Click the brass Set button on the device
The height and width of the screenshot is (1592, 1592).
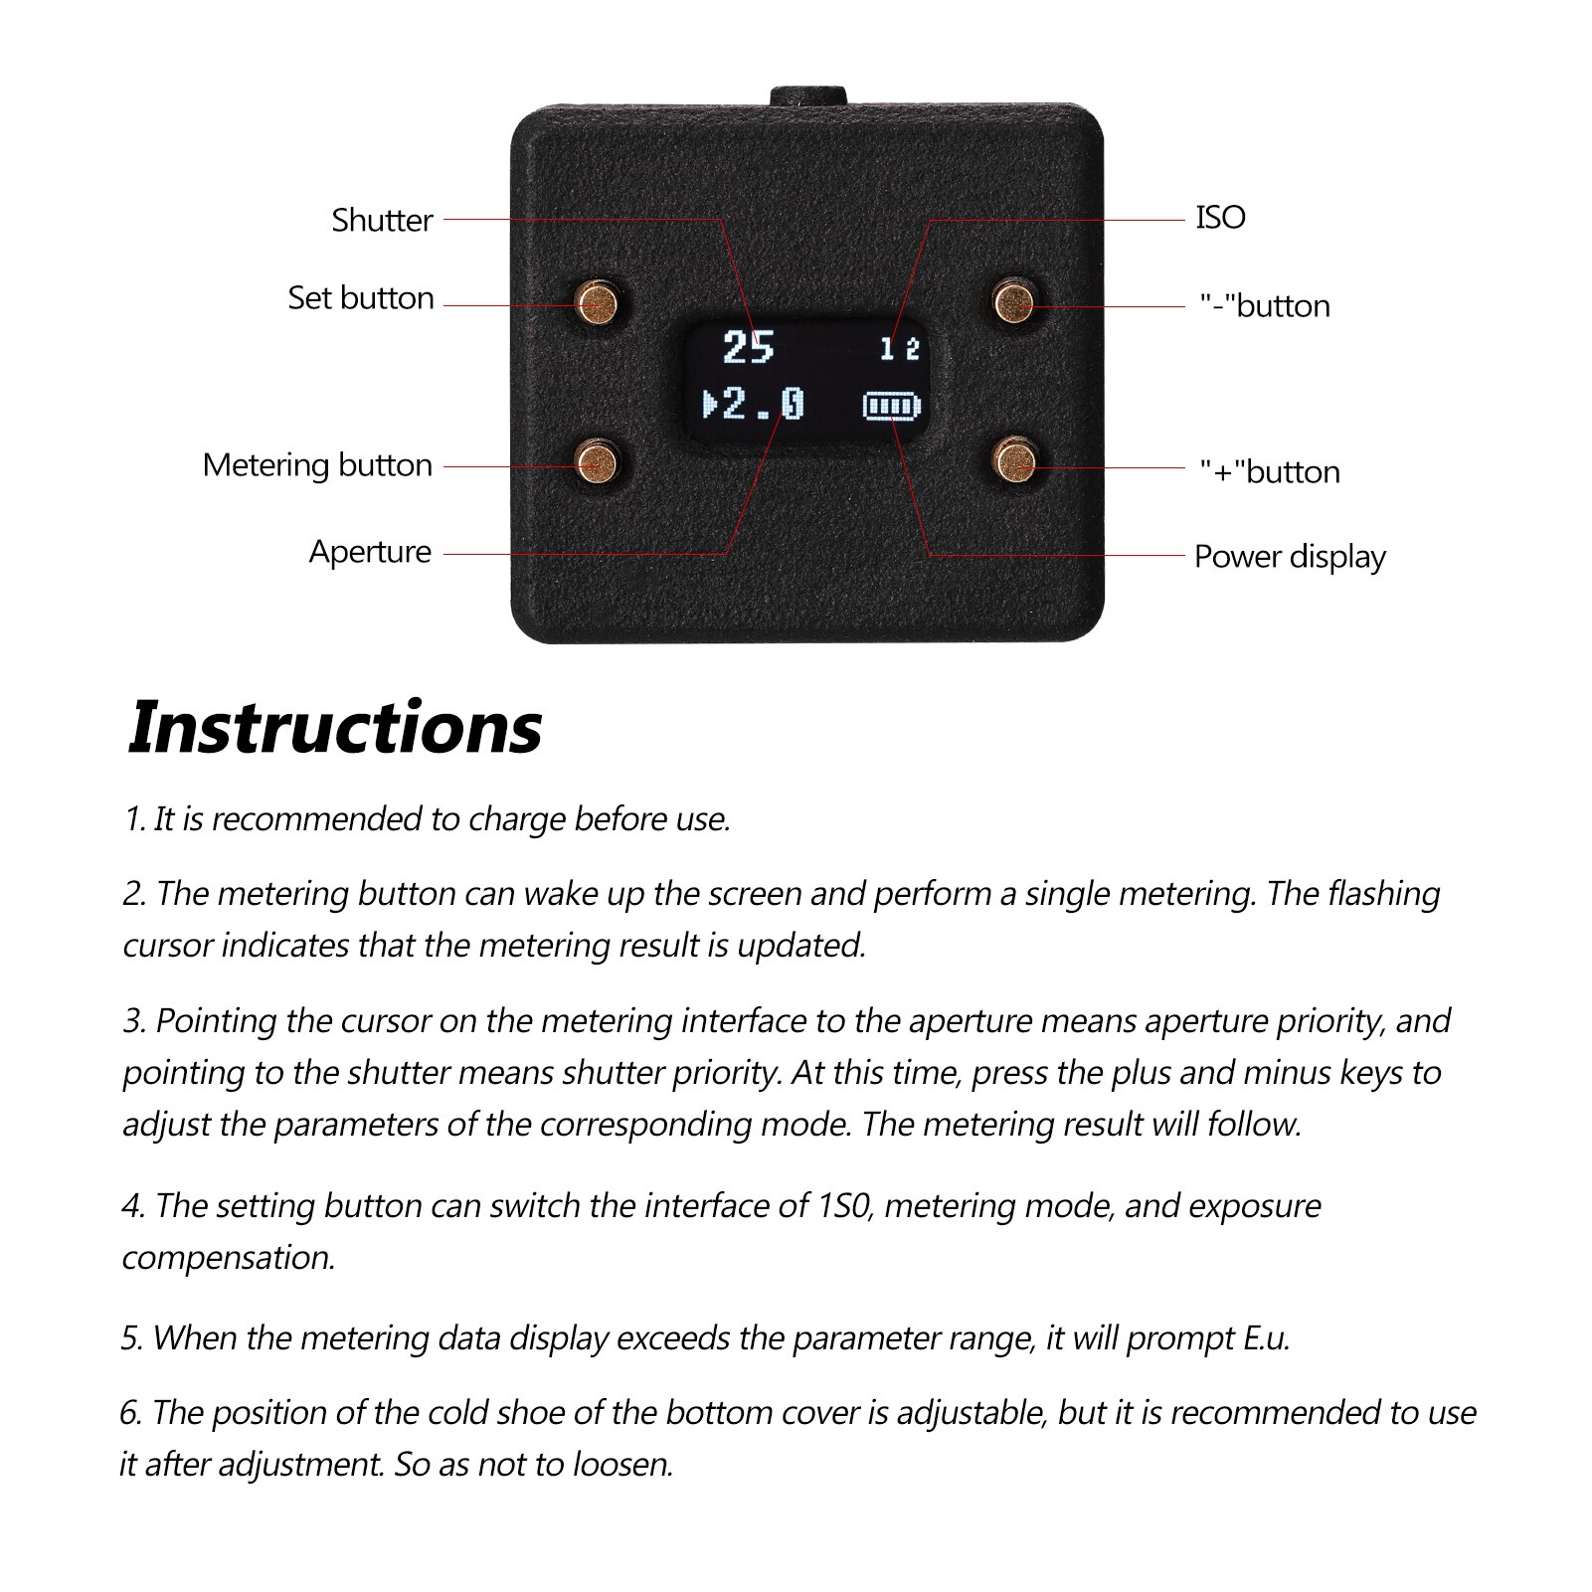pos(597,303)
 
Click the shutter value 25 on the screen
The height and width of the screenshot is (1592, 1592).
pos(748,348)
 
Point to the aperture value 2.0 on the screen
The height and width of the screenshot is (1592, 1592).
pos(763,405)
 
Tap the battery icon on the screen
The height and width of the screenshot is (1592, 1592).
pos(892,406)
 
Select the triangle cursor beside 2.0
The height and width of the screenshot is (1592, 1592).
pos(710,405)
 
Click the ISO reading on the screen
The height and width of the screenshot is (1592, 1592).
pos(899,349)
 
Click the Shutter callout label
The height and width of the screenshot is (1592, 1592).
pos(382,220)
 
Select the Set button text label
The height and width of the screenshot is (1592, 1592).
pos(361,298)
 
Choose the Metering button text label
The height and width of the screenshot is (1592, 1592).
pos(317,465)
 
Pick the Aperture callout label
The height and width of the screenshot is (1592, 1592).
pos(370,552)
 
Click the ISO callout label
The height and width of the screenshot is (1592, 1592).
pos(1220,218)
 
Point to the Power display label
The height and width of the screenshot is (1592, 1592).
pos(1290,557)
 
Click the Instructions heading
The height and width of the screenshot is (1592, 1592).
pos(335,728)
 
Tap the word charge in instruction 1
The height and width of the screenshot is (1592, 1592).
pos(517,819)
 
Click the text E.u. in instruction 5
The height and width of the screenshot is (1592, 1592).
pos(1266,1338)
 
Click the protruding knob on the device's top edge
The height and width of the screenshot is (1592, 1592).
pos(807,95)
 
